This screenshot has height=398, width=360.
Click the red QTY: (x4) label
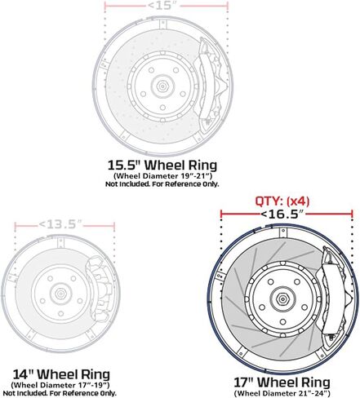[282, 201]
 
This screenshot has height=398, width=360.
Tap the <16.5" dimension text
[282, 214]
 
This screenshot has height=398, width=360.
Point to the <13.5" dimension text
[60, 224]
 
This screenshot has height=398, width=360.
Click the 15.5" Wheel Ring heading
[162, 165]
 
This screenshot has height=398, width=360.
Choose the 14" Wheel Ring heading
[61, 374]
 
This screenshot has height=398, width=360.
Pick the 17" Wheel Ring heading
[282, 383]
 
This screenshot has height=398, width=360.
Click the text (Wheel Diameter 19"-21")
[162, 175]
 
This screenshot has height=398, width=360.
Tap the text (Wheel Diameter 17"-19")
[60, 385]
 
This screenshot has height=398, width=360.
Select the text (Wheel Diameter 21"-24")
[282, 393]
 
